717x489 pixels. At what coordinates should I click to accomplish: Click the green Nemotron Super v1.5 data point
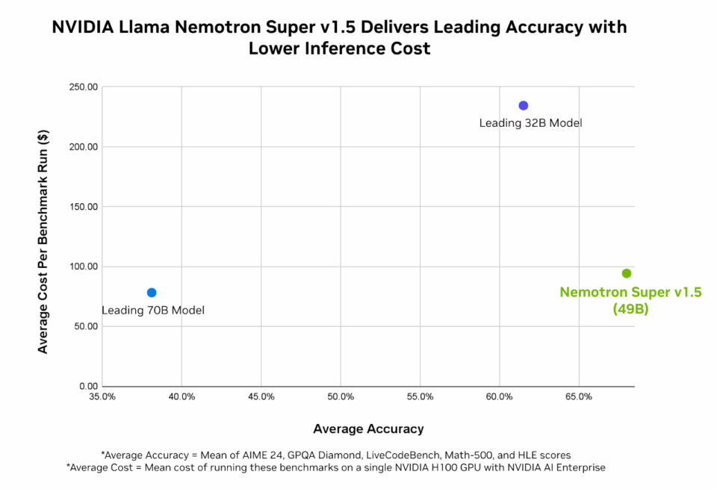coord(626,273)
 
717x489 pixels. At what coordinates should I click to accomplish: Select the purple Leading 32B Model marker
coord(524,105)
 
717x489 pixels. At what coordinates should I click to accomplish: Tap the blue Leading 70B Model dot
coord(152,293)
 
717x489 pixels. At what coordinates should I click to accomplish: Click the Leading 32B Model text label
coord(530,123)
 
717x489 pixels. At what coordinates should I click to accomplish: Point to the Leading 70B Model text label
coord(152,311)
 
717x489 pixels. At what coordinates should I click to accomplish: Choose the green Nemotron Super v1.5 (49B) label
coord(630,300)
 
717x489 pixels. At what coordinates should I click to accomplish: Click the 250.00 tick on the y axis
coord(82,87)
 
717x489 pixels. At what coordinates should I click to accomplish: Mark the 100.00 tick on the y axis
coord(82,267)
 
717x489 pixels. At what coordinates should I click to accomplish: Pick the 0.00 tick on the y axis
coord(87,386)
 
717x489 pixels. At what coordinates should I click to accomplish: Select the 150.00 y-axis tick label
coord(82,207)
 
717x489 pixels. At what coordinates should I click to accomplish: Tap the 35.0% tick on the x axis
coord(102,396)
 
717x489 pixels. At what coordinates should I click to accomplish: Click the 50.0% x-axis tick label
coord(341,396)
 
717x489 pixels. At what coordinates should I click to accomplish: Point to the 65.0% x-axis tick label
coord(579,396)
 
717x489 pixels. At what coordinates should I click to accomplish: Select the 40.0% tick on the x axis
coord(181,396)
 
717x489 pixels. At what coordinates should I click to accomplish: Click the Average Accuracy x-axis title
coord(368,429)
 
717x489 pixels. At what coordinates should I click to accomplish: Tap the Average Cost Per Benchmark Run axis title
coord(43,241)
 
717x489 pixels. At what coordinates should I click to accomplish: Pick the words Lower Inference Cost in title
coord(340,49)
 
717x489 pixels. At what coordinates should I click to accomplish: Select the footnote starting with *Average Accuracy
coord(336,455)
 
